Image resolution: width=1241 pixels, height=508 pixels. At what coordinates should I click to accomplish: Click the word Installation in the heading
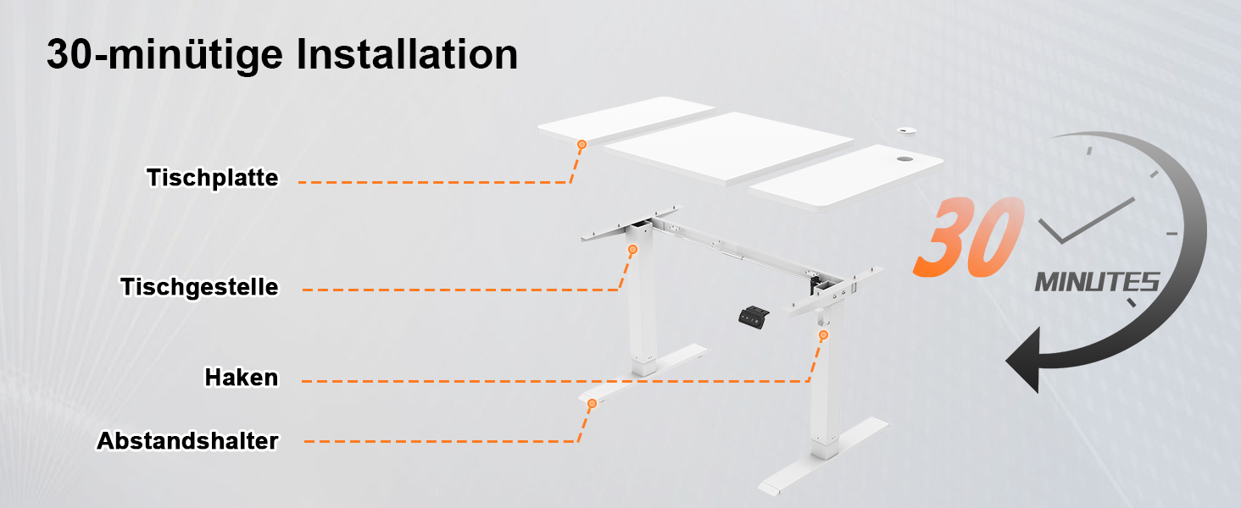coord(407,54)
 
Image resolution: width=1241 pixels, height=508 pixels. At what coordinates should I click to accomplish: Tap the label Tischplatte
coord(213,178)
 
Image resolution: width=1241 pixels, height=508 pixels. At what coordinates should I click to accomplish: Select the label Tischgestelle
coord(199,287)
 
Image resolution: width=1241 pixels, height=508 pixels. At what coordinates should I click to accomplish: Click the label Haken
coord(242,378)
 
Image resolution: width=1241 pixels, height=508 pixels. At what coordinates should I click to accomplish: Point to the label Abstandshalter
coord(187,441)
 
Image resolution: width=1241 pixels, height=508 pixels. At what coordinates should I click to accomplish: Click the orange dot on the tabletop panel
coord(582,145)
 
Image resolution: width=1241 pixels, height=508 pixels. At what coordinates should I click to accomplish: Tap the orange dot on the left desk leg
coord(632,250)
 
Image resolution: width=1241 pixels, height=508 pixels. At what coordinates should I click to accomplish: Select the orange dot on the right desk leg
coord(824,334)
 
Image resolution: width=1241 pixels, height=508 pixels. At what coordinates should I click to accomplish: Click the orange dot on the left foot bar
coord(593,403)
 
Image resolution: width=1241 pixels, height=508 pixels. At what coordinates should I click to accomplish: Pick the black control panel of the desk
coord(754,317)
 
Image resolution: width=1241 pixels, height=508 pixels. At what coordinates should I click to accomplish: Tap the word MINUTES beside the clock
coord(1097,282)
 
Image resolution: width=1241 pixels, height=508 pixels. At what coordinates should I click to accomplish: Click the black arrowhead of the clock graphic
coord(1024,360)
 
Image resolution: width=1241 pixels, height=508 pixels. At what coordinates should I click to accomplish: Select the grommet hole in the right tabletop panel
coord(904,159)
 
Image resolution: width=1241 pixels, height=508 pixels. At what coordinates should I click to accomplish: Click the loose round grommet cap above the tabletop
coord(906,131)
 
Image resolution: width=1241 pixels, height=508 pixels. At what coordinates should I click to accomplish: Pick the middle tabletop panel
coord(728,148)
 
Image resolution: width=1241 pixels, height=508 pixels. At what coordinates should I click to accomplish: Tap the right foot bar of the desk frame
coord(824,456)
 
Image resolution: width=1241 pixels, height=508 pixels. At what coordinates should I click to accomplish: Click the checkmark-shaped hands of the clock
coord(1085,221)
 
